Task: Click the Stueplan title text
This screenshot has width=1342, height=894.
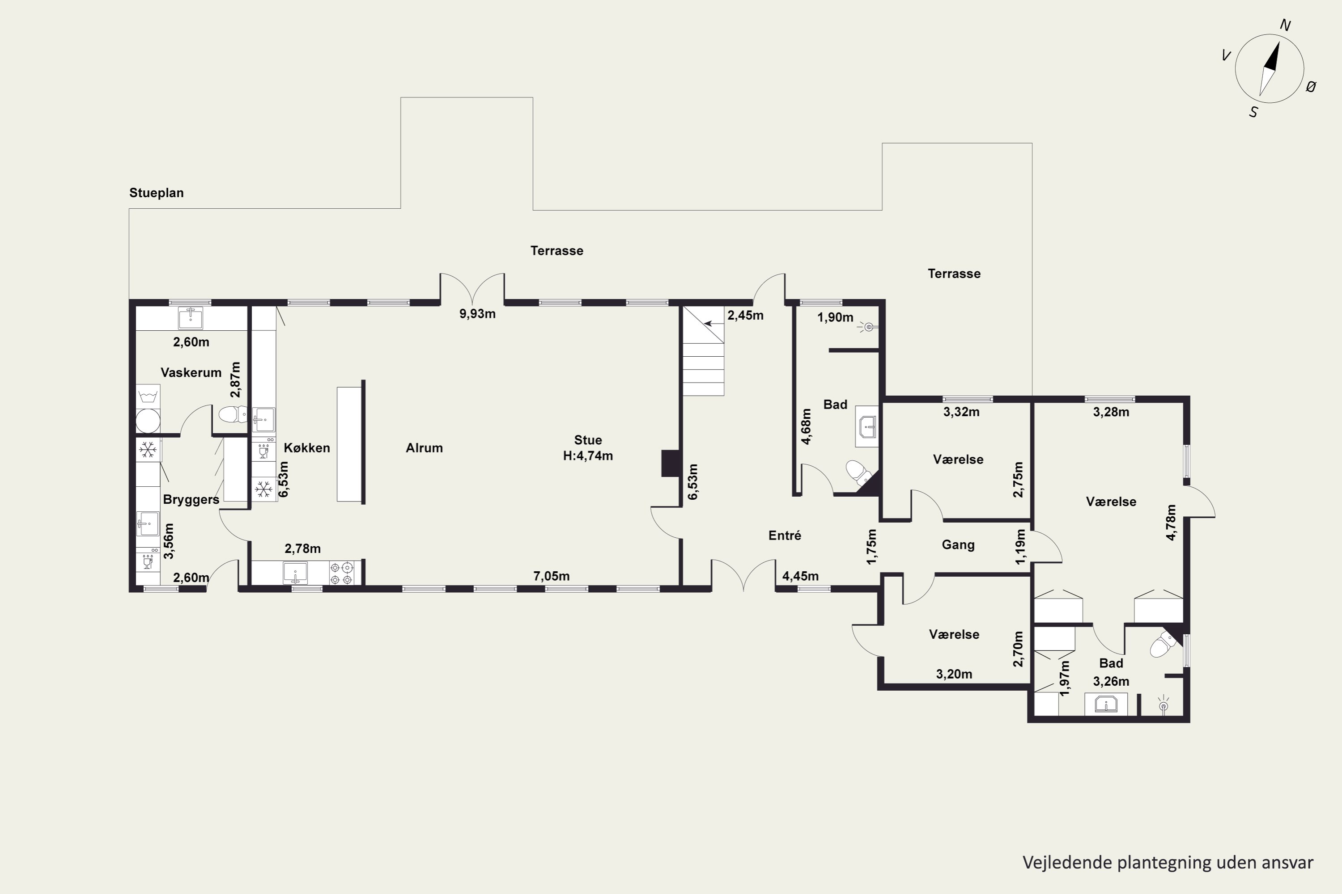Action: [x=156, y=193]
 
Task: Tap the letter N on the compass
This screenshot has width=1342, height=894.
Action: [x=1286, y=25]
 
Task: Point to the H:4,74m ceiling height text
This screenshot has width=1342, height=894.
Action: [x=588, y=455]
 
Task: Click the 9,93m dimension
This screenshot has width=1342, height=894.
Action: [x=478, y=314]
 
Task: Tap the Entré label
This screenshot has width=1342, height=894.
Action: [x=785, y=536]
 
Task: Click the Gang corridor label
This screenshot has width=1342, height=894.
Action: [x=958, y=545]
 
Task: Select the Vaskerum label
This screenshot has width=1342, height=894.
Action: [x=191, y=373]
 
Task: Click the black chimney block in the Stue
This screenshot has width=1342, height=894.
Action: [x=670, y=463]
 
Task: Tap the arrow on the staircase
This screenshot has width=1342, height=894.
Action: [x=714, y=324]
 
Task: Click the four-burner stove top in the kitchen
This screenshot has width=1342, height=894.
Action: [x=341, y=573]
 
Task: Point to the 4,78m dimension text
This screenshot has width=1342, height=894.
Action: [x=1171, y=522]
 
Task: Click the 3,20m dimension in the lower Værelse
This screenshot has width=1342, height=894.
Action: [x=954, y=675]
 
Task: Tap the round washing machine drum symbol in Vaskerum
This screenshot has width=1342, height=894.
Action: [x=148, y=421]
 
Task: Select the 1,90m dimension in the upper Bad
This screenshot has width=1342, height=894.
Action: [x=835, y=317]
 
